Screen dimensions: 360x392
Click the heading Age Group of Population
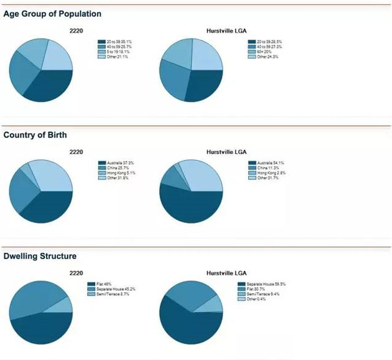(52, 14)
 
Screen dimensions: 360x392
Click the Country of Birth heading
(35, 135)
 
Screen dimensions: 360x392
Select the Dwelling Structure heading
(40, 255)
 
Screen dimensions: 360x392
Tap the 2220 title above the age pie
(76, 30)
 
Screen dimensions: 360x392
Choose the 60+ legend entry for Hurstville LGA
(264, 51)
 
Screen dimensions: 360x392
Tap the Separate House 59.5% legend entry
(261, 284)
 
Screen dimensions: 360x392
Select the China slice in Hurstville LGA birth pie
(170, 175)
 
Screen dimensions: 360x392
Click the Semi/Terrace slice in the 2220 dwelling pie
(63, 305)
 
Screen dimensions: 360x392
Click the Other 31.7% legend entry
(264, 178)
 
